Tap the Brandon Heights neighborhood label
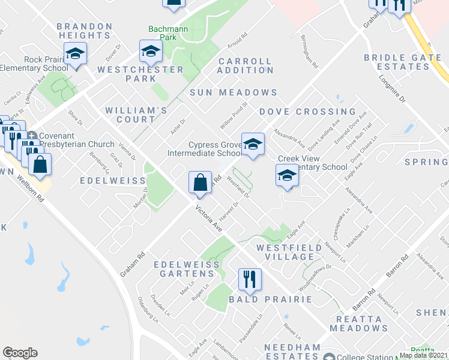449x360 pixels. click(x=85, y=31)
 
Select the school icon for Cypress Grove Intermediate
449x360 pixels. click(x=253, y=145)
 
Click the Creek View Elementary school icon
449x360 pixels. click(x=287, y=176)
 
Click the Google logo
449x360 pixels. click(x=20, y=353)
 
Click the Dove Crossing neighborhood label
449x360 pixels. click(x=308, y=112)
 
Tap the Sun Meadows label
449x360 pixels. click(x=234, y=92)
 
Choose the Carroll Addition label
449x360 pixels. click(x=246, y=66)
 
